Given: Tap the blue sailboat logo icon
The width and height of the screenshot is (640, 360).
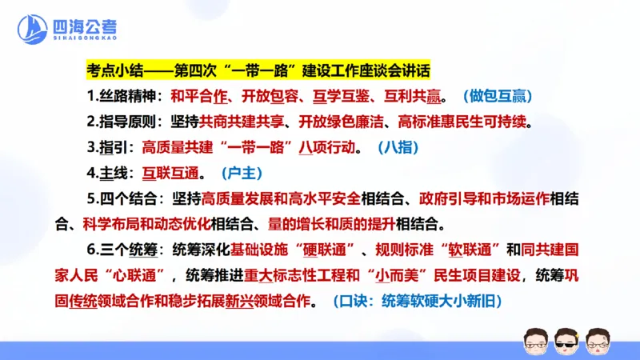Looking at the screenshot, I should click(x=34, y=31).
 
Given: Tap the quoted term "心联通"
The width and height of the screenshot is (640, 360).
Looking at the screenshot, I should click(x=142, y=275).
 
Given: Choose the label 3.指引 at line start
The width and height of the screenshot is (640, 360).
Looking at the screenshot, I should click(x=111, y=148).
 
